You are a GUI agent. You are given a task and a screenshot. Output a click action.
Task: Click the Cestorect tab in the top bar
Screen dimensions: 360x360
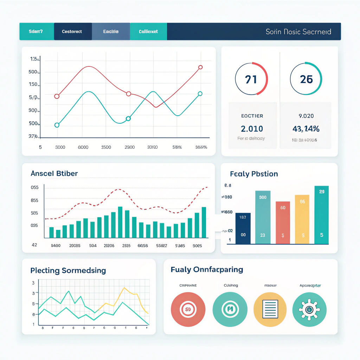pyautogui.click(x=72, y=32)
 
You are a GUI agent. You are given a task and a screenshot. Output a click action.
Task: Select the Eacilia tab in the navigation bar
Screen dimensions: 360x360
pyautogui.click(x=111, y=32)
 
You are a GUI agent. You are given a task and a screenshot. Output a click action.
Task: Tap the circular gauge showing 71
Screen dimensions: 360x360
pyautogui.click(x=251, y=79)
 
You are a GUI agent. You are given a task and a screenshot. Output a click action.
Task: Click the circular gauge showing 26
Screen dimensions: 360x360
pyautogui.click(x=306, y=79)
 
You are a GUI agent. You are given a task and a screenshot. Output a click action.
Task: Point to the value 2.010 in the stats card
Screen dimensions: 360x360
pyautogui.click(x=252, y=129)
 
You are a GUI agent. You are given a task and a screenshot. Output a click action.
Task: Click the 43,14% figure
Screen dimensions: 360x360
pyautogui.click(x=306, y=129)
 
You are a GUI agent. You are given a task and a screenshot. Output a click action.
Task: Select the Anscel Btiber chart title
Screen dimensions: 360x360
pyautogui.click(x=54, y=173)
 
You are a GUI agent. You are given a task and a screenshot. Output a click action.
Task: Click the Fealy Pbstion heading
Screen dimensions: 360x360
pyautogui.click(x=254, y=174)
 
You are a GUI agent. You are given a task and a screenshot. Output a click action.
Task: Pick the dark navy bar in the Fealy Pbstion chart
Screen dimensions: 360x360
pyautogui.click(x=243, y=228)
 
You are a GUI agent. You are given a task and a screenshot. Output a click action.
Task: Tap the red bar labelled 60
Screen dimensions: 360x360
pyautogui.click(x=283, y=223)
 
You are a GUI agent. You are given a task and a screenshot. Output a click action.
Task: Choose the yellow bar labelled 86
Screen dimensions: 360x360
pyautogui.click(x=302, y=219)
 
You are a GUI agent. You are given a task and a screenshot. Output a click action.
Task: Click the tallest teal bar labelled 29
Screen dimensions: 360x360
pyautogui.click(x=322, y=215)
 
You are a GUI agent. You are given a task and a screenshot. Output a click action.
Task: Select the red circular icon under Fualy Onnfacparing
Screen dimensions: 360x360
pyautogui.click(x=188, y=310)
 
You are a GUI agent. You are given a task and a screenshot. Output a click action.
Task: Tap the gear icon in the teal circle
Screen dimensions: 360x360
pyautogui.click(x=309, y=310)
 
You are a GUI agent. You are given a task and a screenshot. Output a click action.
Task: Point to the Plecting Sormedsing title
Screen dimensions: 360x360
pyautogui.click(x=68, y=270)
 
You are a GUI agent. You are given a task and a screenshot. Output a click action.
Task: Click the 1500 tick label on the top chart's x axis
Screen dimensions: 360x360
pyautogui.click(x=106, y=147)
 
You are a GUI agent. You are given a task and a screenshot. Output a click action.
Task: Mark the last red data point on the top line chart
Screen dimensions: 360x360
pyautogui.click(x=200, y=67)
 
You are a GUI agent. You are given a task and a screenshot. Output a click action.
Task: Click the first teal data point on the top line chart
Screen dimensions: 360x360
pyautogui.click(x=57, y=125)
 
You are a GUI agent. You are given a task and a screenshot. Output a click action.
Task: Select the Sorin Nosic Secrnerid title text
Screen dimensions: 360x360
pyautogui.click(x=298, y=32)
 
